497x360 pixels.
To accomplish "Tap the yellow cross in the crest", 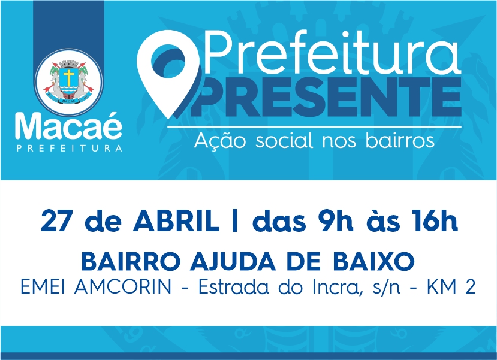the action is [x=68, y=77].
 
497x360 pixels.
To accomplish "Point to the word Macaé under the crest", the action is [x=68, y=126].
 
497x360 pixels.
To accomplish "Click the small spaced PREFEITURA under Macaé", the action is [x=69, y=148].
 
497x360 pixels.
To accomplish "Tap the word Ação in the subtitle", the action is [x=220, y=140].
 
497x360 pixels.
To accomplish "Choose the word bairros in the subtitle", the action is [x=400, y=140].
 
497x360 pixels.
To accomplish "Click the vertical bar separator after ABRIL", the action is [x=235, y=220].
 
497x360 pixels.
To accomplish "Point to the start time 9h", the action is [x=336, y=220].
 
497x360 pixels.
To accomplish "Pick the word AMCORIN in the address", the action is [x=123, y=287].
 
